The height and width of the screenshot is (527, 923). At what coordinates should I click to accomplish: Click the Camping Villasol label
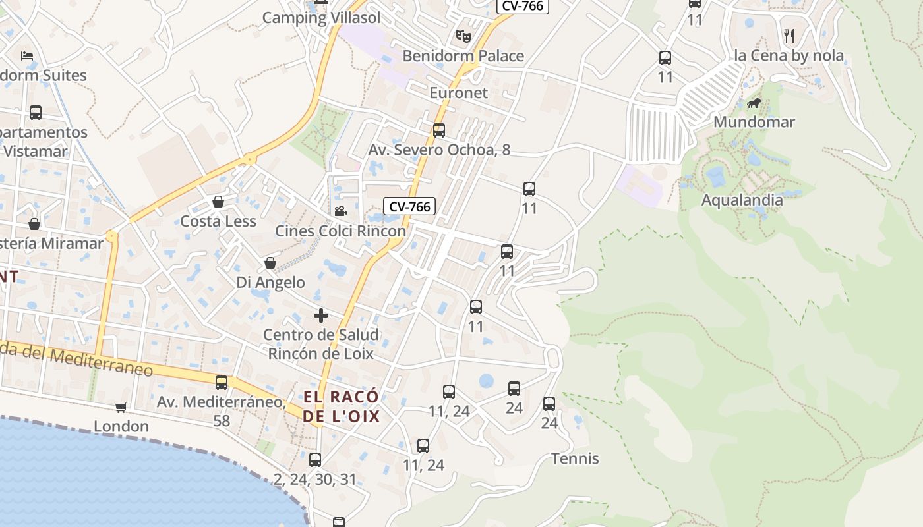point(321,18)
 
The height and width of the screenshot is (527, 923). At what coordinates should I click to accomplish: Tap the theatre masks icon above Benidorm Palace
point(463,36)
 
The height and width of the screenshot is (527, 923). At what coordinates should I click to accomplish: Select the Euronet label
point(459,93)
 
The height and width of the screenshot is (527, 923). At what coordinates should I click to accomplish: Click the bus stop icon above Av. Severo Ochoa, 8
point(439,130)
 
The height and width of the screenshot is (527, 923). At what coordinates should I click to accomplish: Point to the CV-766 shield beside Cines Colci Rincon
point(409,207)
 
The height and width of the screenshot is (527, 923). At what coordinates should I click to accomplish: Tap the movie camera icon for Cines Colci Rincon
point(340,211)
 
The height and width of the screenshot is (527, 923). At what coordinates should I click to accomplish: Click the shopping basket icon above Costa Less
point(218,202)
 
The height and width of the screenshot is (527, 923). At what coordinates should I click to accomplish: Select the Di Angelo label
point(270,283)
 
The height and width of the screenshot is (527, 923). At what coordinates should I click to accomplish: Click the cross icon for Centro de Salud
point(321,316)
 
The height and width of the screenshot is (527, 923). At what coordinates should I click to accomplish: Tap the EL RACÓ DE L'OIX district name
point(342,406)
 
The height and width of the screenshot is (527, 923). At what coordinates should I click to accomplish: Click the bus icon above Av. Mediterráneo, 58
point(222,383)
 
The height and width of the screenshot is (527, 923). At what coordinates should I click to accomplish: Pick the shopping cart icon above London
point(121,408)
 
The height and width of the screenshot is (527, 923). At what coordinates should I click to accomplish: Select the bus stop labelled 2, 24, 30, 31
point(315,460)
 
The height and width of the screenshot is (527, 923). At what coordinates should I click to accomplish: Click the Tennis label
point(575,458)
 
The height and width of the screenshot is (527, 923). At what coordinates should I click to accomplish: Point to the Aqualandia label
point(742,200)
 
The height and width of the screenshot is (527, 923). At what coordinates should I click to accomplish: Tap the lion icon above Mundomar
point(754,103)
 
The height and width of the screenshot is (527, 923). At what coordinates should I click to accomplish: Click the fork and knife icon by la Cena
point(789,36)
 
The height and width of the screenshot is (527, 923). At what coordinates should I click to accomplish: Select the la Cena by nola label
point(789,56)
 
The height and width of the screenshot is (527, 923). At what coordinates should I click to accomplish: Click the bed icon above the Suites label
point(27,56)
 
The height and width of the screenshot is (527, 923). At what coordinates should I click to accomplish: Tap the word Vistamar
point(35,152)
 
